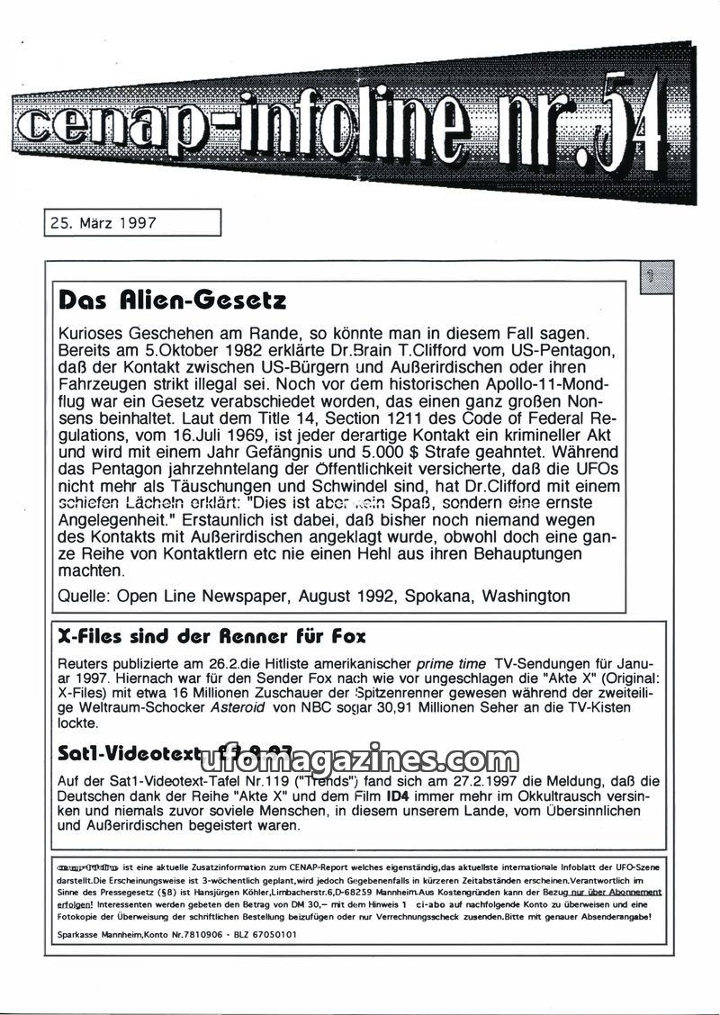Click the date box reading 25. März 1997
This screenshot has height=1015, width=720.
pos(131,222)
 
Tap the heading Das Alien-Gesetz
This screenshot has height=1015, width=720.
pos(172,299)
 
